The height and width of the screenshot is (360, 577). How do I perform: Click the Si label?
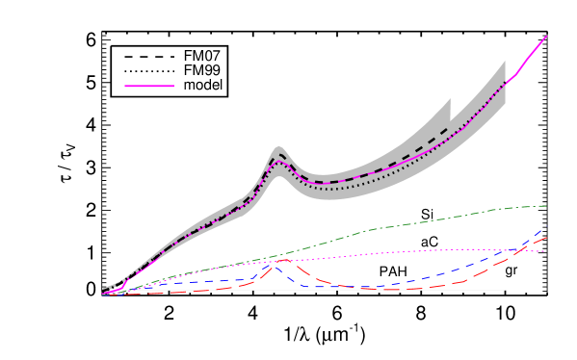pos(427,214)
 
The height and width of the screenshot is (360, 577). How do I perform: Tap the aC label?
pos(429,241)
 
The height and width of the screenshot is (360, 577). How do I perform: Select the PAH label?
pos(393,271)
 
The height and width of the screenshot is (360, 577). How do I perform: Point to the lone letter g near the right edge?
pos(509,271)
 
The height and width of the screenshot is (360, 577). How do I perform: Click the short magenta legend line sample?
pos(149,87)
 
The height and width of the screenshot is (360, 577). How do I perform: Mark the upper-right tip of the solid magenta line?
pos(546,37)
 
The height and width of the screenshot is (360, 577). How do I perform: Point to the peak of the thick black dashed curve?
pos(279,153)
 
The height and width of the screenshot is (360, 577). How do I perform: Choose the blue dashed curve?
pos(433,277)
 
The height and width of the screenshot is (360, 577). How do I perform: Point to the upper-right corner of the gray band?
pos(505,64)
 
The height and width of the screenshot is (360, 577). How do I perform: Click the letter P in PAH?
pos(383,271)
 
